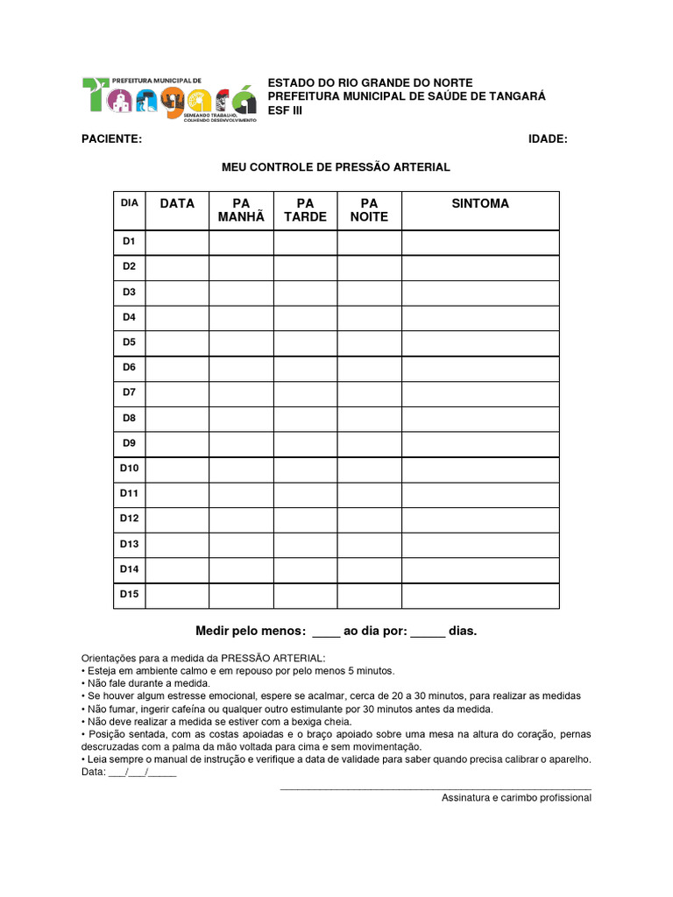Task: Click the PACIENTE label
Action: [x=112, y=138]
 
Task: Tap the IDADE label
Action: [x=548, y=138]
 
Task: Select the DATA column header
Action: [x=177, y=203]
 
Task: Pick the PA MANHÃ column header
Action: [x=241, y=210]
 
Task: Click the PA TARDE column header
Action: [x=305, y=210]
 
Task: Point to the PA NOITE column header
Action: [x=369, y=210]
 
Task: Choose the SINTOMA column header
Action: [x=480, y=203]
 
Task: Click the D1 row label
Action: [x=130, y=241]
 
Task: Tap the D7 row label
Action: [x=130, y=392]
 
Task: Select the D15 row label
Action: [x=130, y=595]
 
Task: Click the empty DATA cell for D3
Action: [x=177, y=292]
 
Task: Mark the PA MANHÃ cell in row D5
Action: [x=241, y=343]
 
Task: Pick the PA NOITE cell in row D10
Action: [x=369, y=469]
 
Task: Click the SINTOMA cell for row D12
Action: [x=480, y=519]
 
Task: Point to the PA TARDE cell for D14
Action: [x=305, y=570]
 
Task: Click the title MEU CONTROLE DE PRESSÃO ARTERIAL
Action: [x=336, y=166]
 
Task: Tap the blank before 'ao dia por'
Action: [x=325, y=632]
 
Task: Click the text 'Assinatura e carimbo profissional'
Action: [x=516, y=798]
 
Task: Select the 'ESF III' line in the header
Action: [x=284, y=110]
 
